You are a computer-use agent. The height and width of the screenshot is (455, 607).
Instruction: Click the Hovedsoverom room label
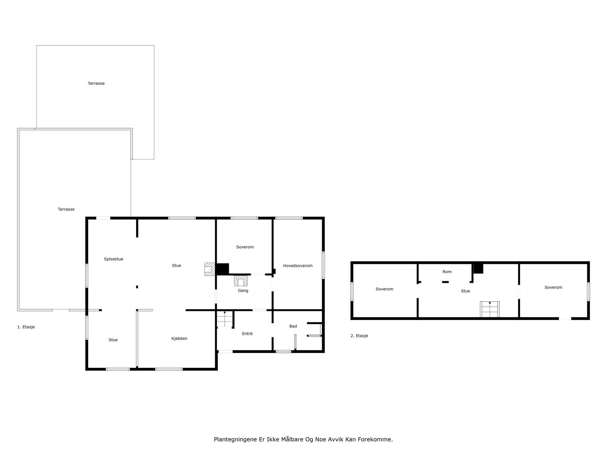297,266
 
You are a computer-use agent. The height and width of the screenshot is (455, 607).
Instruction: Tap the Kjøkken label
179,339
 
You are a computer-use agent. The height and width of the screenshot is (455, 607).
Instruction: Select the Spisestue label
113,259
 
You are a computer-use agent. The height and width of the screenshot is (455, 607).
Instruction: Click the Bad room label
293,326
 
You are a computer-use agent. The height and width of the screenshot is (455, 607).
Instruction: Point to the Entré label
247,334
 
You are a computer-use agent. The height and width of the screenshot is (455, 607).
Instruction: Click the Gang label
243,291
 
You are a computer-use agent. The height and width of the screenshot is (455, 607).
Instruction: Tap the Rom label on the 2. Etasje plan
447,272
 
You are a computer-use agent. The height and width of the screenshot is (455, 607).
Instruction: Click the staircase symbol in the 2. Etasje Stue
490,309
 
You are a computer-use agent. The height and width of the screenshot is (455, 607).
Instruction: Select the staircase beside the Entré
224,319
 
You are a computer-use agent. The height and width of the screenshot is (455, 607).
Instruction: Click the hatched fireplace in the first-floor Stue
209,269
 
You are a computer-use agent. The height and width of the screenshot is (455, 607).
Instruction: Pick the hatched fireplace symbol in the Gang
241,281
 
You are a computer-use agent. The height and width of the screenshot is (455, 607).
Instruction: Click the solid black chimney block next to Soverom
222,269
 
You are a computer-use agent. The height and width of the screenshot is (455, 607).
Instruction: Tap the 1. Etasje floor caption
26,327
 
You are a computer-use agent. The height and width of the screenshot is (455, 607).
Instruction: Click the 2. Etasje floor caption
359,336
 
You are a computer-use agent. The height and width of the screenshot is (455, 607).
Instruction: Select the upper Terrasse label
96,83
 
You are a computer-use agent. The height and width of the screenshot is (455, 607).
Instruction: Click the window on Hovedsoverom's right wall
323,265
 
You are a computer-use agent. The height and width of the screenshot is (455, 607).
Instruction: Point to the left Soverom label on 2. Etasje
384,289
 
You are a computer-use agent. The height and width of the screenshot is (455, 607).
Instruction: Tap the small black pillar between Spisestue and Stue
137,287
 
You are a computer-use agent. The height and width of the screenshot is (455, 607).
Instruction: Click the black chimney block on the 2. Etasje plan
478,268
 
